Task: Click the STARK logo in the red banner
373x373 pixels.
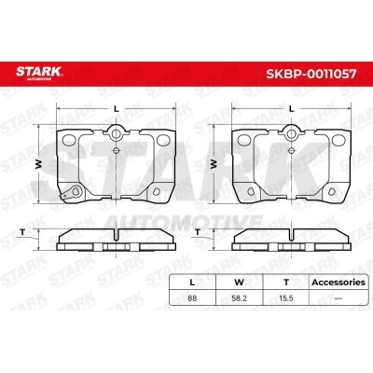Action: pyautogui.click(x=39, y=73)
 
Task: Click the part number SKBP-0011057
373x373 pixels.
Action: pyautogui.click(x=311, y=74)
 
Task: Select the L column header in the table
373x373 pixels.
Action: pyautogui.click(x=192, y=283)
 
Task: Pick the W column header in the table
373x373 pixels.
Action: pyautogui.click(x=239, y=283)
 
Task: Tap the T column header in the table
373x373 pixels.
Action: pyautogui.click(x=286, y=283)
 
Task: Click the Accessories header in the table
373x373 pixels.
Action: pyautogui.click(x=338, y=283)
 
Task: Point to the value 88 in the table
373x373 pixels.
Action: pyautogui.click(x=192, y=298)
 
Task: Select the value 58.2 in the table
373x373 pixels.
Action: pyautogui.click(x=239, y=298)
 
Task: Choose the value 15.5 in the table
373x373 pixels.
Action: pyautogui.click(x=286, y=298)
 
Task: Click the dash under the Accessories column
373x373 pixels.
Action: pyautogui.click(x=338, y=298)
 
